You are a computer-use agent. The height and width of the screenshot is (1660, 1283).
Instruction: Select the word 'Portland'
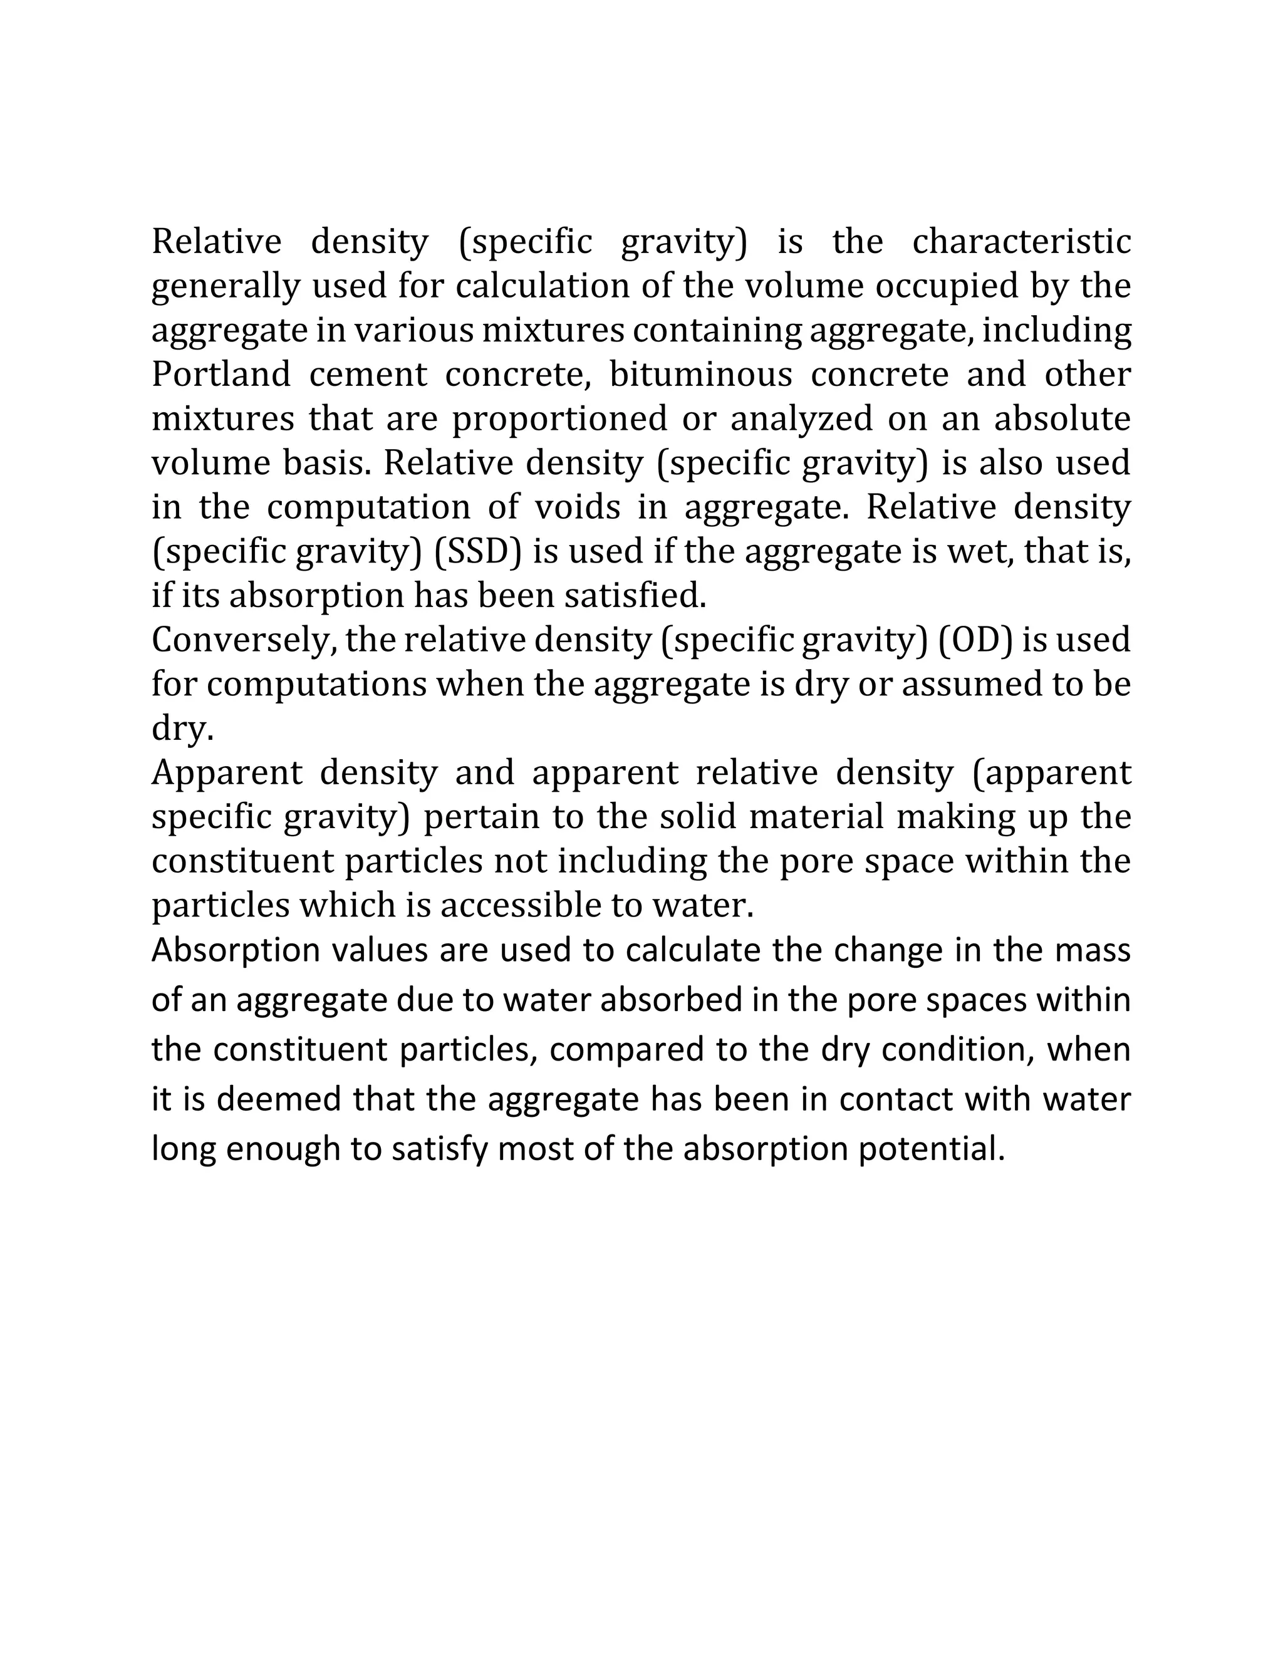(221, 374)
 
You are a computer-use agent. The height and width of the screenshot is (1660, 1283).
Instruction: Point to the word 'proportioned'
(559, 419)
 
